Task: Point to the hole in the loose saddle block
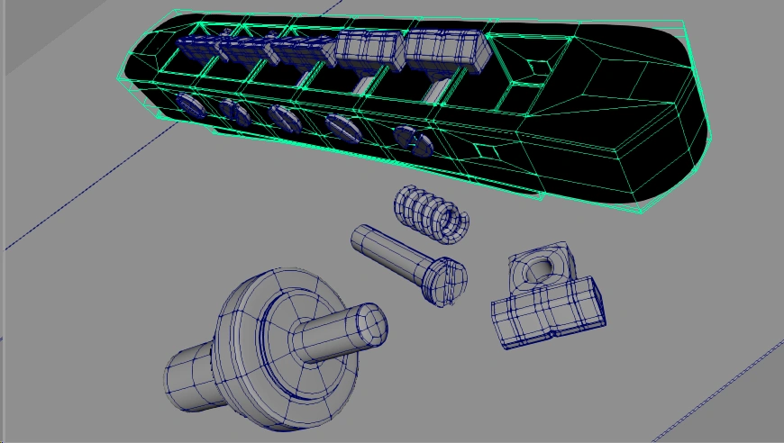[541, 268]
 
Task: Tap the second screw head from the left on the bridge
[236, 112]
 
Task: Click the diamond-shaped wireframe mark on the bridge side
[487, 150]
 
